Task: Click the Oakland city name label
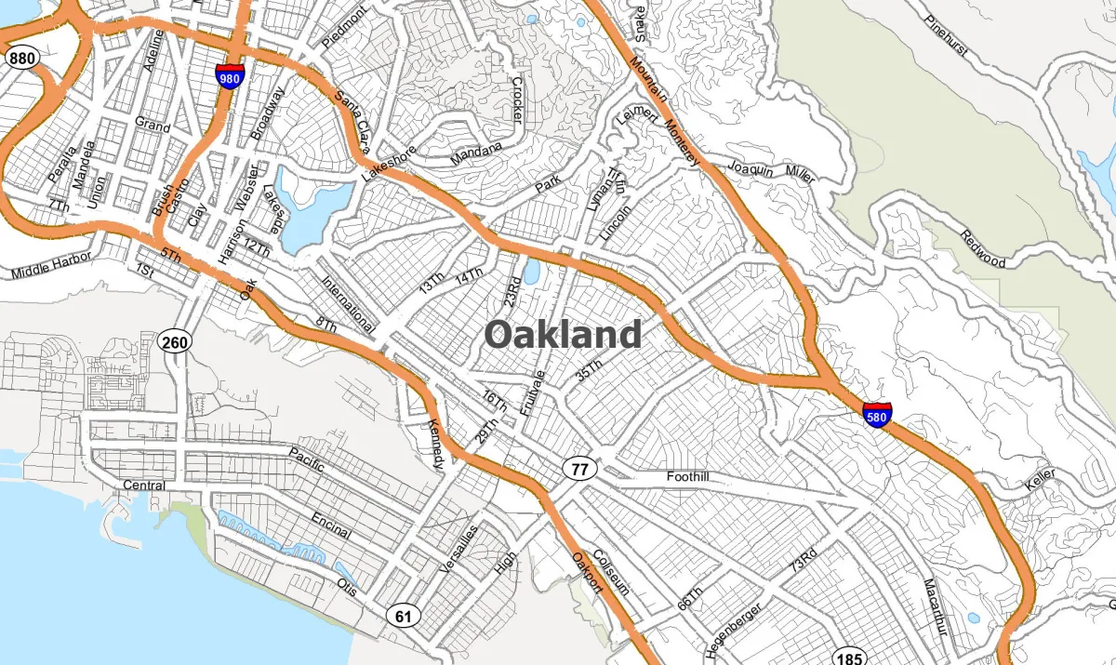coord(563,334)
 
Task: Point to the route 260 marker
coord(174,343)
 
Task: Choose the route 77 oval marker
coord(579,469)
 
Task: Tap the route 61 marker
coord(404,615)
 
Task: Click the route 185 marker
coord(848,655)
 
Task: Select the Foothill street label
coord(687,476)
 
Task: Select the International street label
coord(347,303)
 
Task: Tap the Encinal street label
coord(331,525)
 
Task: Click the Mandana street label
coord(475,153)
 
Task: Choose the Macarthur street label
coord(935,607)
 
